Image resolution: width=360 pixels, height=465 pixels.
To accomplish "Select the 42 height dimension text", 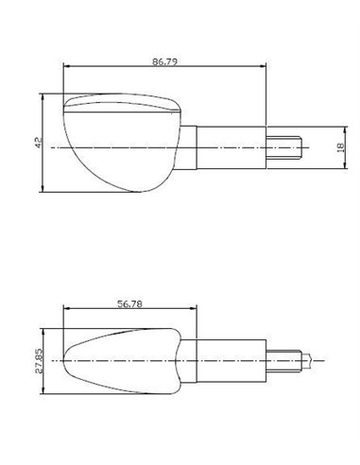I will [37, 142].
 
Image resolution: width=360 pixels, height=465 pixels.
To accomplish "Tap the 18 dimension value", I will [339, 147].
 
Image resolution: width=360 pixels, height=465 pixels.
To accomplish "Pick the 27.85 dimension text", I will [36, 360].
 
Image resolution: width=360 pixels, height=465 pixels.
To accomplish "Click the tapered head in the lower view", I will [123, 359].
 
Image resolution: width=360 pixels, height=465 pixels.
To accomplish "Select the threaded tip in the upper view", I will [289, 148].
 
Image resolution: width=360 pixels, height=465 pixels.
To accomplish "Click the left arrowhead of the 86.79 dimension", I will [65, 65].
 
